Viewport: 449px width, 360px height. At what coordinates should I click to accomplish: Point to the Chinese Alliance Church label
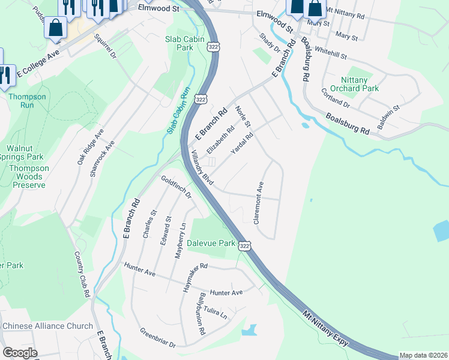click(47, 326)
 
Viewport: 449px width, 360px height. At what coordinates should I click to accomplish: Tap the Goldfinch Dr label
click(176, 187)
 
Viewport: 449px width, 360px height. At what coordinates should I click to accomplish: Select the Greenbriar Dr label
click(157, 337)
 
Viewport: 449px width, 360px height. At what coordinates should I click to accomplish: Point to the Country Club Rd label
click(82, 275)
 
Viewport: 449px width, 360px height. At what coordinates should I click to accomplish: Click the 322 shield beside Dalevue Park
click(244, 246)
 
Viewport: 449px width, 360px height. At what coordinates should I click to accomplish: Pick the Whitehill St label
click(331, 55)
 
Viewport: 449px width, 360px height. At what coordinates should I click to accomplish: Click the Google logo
click(20, 353)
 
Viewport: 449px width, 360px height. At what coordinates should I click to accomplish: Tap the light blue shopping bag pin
click(55, 27)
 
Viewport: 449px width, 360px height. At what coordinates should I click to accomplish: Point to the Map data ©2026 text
click(424, 355)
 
